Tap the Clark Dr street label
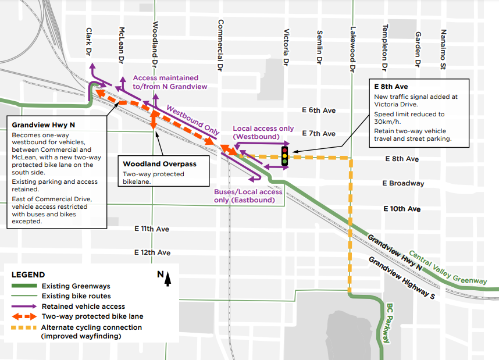click(89, 42)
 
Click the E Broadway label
click(403, 183)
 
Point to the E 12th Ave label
click(152, 253)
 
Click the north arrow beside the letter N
click(167, 280)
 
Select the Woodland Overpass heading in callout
click(159, 164)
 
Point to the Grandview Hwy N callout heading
click(44, 124)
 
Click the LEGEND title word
click(28, 275)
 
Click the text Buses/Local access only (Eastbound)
click(248, 196)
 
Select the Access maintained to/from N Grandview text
click(169, 82)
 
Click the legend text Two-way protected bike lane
click(92, 316)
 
